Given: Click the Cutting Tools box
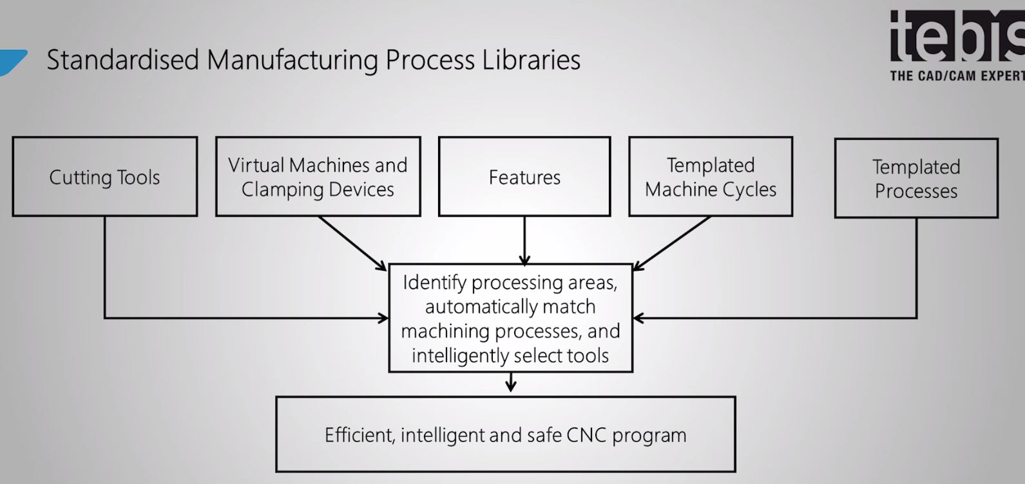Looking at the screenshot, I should click(104, 177).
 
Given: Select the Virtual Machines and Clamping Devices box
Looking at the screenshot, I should click(318, 177).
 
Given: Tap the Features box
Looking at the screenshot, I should click(524, 177).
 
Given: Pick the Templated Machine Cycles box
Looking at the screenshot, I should click(711, 177).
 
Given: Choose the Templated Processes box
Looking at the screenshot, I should click(916, 179).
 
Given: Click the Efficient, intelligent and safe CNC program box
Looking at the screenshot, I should click(506, 435).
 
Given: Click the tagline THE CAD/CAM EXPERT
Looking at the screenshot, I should click(957, 76).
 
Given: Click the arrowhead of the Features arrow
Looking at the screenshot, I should click(524, 261).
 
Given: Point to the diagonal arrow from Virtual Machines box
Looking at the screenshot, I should click(352, 242).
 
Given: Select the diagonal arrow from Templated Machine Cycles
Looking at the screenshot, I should click(672, 242).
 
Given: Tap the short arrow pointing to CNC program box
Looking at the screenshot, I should click(511, 383).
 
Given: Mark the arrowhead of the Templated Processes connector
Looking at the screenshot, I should click(638, 318).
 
